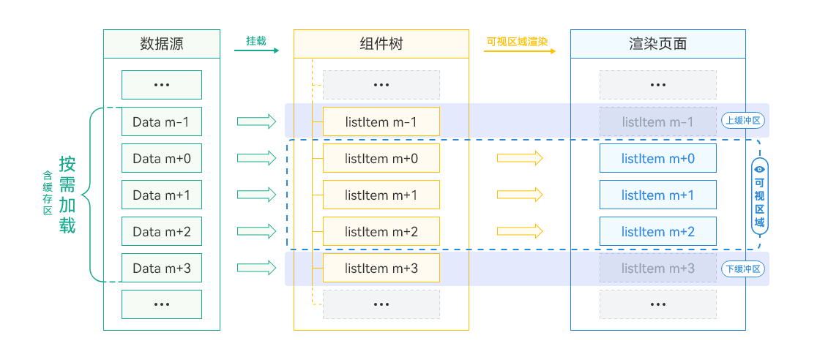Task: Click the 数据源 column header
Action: coord(161,44)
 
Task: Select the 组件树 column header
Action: coord(381,44)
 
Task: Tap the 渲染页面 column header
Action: coord(657,44)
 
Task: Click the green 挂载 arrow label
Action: coord(256,41)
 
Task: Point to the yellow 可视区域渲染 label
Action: coord(517,41)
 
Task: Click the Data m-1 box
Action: coord(161,121)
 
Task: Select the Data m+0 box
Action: coord(161,158)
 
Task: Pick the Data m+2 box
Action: coord(161,231)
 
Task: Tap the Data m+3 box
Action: coord(161,268)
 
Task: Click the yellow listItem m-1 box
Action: coord(381,121)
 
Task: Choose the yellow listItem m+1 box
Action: coord(381,195)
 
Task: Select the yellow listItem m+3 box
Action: coord(381,268)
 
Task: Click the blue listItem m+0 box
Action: coord(657,158)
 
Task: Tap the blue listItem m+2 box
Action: coord(657,231)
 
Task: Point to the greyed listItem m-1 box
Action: coord(657,121)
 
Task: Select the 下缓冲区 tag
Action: coord(743,269)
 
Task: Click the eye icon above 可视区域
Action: coord(759,168)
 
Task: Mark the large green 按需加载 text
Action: coord(67,195)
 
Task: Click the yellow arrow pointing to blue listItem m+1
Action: coord(520,195)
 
